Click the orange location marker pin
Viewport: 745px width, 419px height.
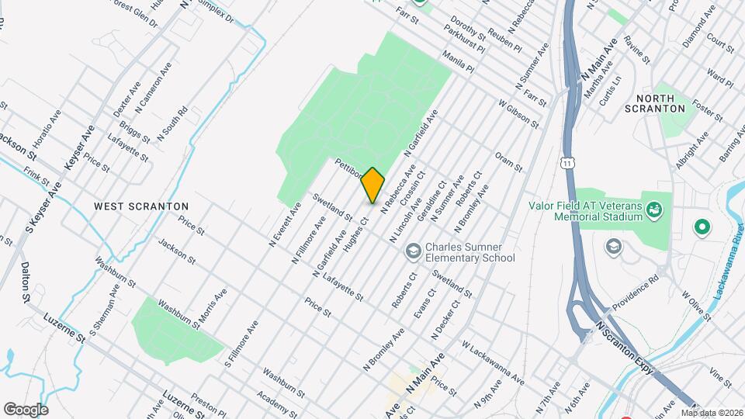tap(373, 185)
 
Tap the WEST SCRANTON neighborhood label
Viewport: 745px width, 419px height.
tap(141, 206)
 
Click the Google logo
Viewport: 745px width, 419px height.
tap(26, 409)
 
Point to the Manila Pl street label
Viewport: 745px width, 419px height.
tap(457, 62)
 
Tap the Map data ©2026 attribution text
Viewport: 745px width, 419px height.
tap(713, 412)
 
